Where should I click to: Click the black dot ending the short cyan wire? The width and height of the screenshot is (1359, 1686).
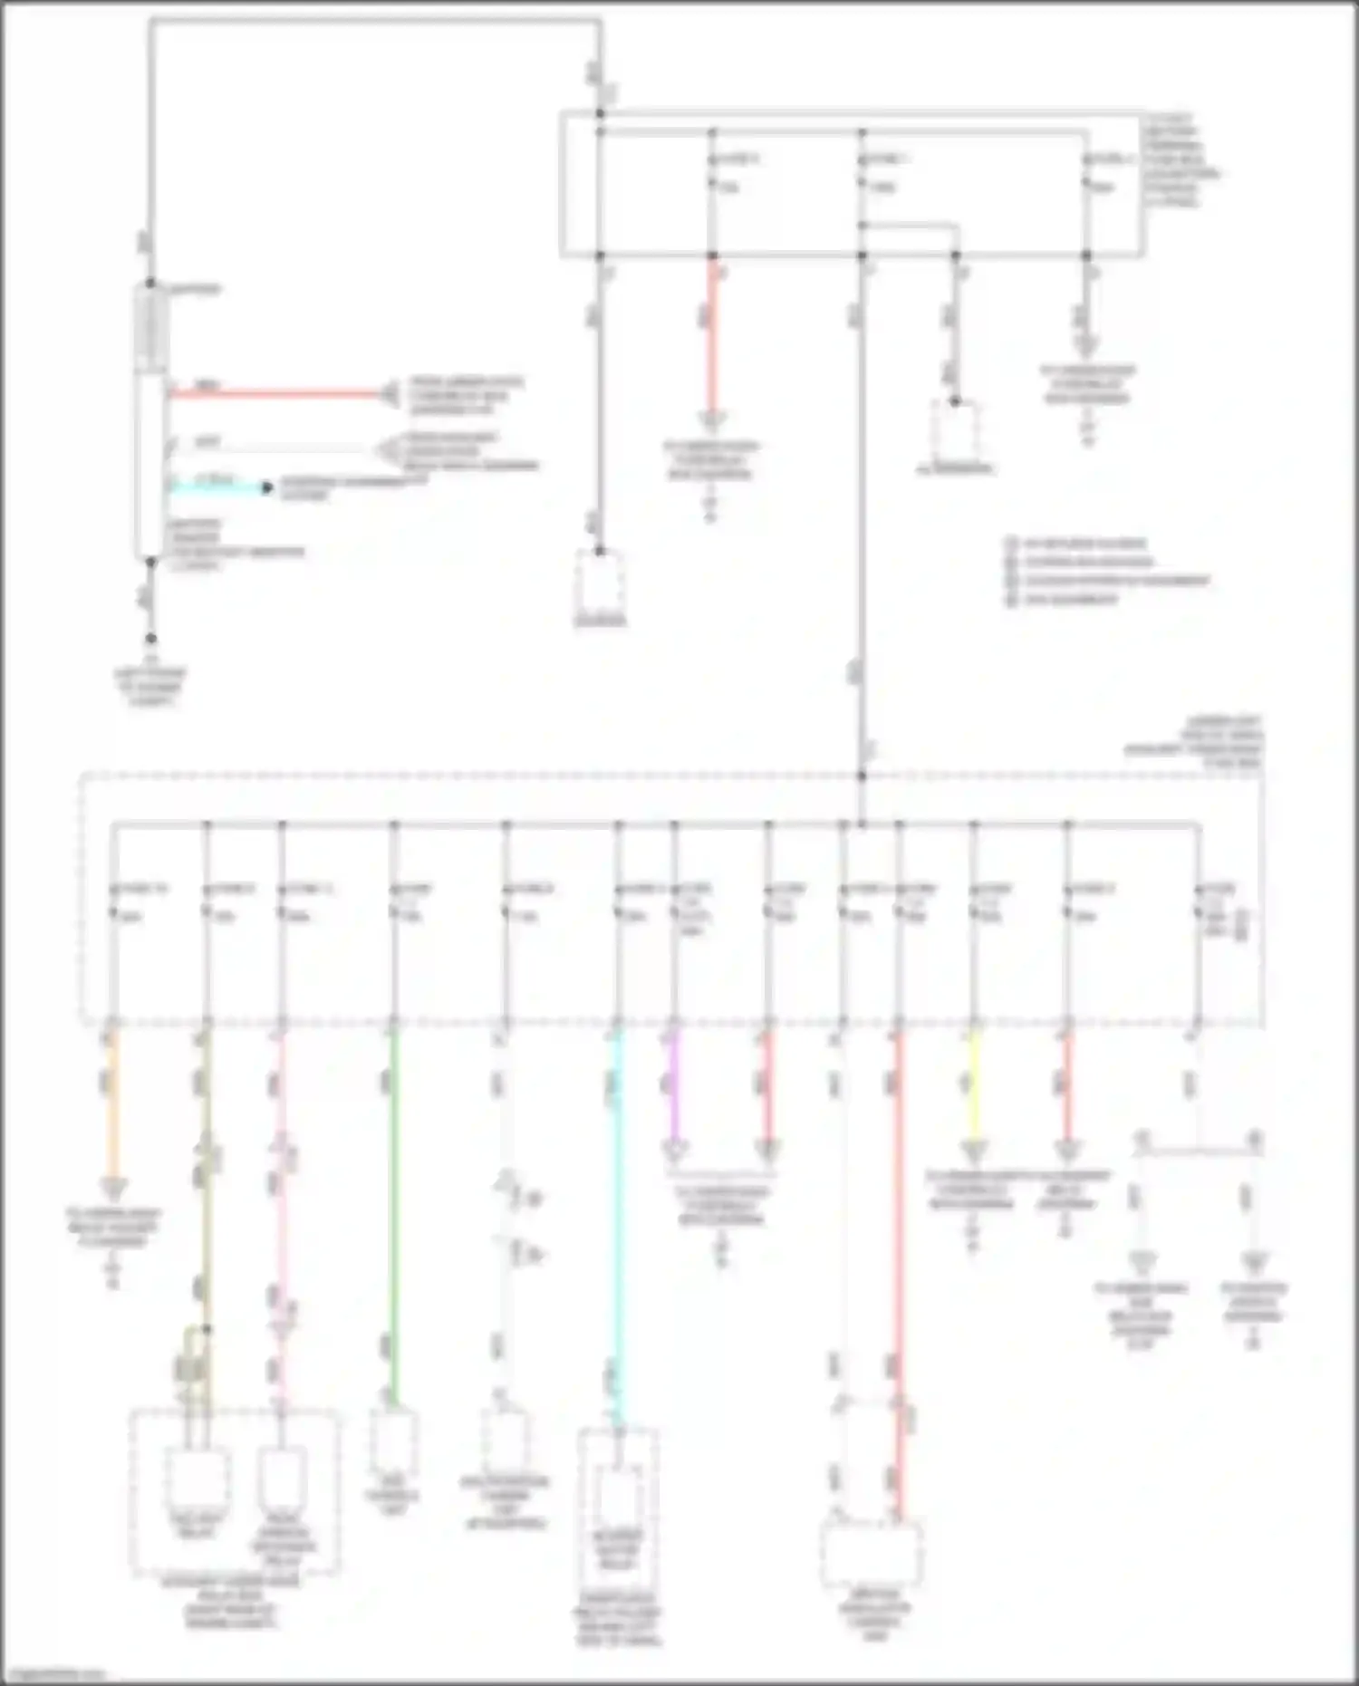(x=267, y=487)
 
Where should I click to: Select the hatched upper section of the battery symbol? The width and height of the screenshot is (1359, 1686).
(x=150, y=327)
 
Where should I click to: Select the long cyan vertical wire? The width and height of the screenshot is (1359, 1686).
(x=618, y=1223)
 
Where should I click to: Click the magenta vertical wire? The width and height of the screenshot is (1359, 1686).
(x=673, y=1087)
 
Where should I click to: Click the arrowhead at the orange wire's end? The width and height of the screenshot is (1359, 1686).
(x=112, y=1187)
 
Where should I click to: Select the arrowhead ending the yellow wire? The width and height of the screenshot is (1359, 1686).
(x=974, y=1151)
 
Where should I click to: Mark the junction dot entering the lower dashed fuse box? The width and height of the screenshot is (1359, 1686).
(x=862, y=776)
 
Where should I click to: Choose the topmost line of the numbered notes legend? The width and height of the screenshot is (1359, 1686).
(x=1078, y=543)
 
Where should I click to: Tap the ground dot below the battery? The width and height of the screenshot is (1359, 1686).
(x=150, y=639)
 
